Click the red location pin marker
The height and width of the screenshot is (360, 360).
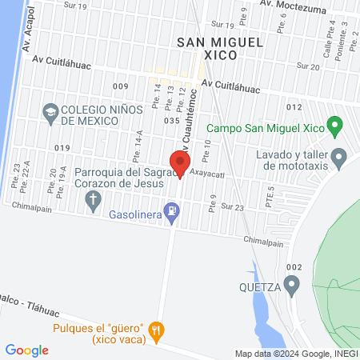point(180,163)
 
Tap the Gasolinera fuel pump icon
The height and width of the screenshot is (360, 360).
point(171,211)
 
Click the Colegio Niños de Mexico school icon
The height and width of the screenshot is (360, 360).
point(50,111)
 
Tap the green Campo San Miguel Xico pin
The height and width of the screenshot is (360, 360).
point(337,126)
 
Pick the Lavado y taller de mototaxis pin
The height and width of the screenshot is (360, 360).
point(339,157)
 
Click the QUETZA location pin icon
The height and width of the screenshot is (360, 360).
point(294,283)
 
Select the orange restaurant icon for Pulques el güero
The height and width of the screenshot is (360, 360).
point(157,329)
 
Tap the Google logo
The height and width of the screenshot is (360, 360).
point(27,350)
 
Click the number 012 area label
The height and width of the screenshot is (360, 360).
point(294,106)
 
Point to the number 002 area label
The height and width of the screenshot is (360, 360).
point(294,267)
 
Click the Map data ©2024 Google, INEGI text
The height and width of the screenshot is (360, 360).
point(295,354)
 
